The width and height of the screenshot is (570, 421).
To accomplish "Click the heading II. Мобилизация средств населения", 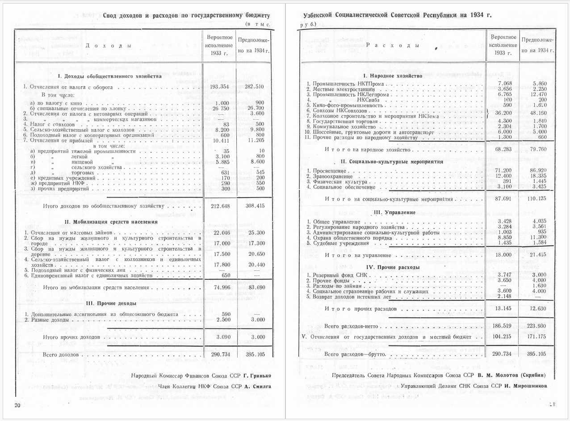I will click(111, 222).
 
